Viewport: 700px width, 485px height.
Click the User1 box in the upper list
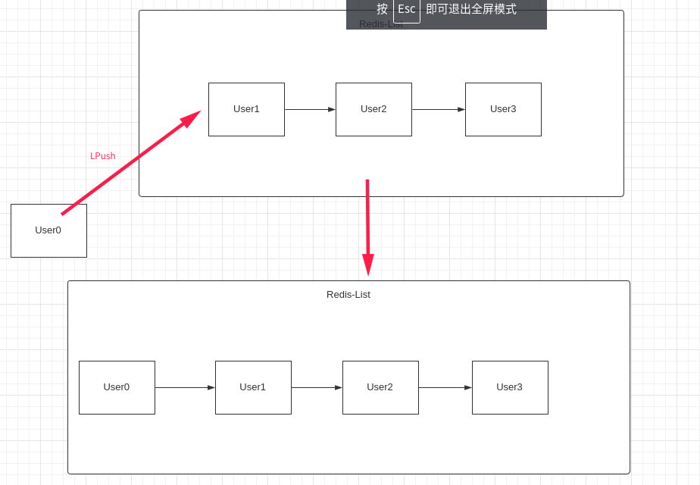pyautogui.click(x=246, y=109)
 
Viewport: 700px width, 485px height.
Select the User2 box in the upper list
pyautogui.click(x=373, y=109)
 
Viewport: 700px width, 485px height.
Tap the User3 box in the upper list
pyautogui.click(x=503, y=109)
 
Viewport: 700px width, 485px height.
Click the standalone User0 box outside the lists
pyautogui.click(x=48, y=230)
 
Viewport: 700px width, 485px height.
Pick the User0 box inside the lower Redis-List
pyautogui.click(x=117, y=387)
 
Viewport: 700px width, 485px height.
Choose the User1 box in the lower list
pyautogui.click(x=253, y=387)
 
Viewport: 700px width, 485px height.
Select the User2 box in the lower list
pyautogui.click(x=380, y=387)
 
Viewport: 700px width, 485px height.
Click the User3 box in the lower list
pyautogui.click(x=510, y=387)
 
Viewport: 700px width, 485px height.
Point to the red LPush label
pyautogui.click(x=103, y=156)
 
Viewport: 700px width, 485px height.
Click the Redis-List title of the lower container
pyautogui.click(x=348, y=294)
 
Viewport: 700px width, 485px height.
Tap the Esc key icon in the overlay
pyautogui.click(x=407, y=10)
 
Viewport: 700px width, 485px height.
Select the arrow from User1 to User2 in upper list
pyautogui.click(x=310, y=109)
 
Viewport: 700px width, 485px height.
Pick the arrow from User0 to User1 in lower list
pyautogui.click(x=185, y=387)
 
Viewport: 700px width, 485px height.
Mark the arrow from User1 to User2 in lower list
pyautogui.click(x=317, y=387)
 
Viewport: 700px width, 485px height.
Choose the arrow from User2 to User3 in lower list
pyautogui.click(x=445, y=387)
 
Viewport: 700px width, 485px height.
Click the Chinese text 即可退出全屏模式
pyautogui.click(x=471, y=9)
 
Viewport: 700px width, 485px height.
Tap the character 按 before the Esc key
pyautogui.click(x=383, y=9)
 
